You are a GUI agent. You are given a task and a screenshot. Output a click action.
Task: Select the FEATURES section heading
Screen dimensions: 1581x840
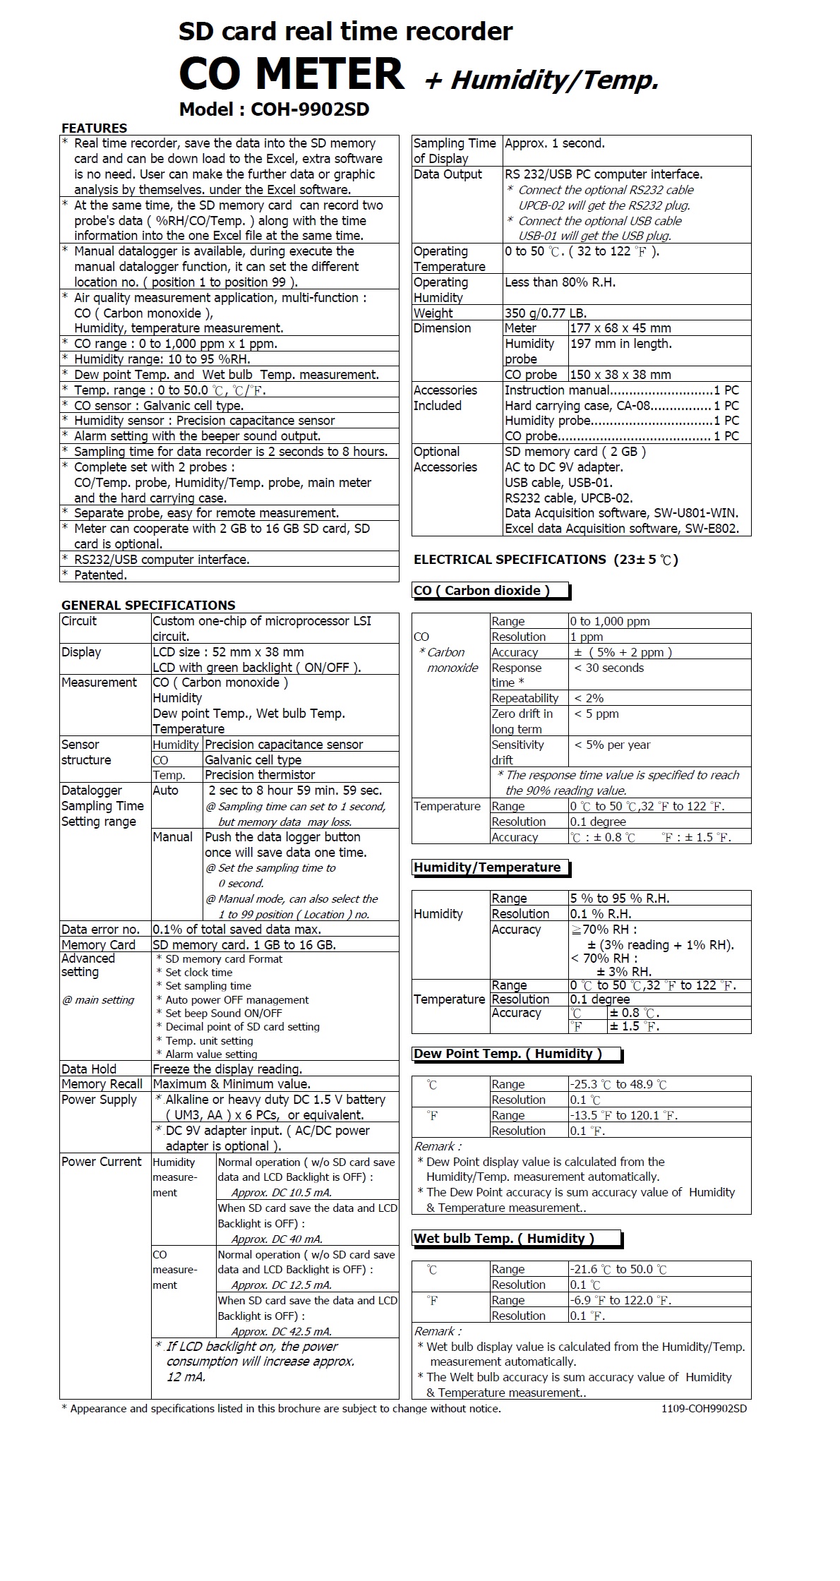coord(95,128)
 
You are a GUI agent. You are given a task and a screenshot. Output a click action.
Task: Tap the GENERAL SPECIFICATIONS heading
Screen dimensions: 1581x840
coord(148,605)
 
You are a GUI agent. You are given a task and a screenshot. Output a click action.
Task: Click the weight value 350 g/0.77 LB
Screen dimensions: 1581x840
coord(546,313)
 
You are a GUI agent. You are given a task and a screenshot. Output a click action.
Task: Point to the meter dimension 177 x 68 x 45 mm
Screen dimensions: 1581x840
coord(620,328)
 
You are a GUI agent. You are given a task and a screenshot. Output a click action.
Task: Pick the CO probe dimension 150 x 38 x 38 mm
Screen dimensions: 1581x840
coord(620,375)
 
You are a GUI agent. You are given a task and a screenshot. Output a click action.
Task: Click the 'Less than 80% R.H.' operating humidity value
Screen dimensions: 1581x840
coord(560,282)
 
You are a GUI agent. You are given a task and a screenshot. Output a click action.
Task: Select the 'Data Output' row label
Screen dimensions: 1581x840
coord(448,174)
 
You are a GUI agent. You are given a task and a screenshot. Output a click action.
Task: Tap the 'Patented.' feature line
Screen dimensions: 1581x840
coord(101,575)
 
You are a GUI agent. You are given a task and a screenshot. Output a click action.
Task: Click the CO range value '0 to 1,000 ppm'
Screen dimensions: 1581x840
coord(611,622)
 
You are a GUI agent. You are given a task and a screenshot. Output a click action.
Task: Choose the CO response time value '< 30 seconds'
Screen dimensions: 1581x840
coord(609,668)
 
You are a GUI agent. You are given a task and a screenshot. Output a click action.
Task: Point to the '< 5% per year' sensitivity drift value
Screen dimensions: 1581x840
coord(612,745)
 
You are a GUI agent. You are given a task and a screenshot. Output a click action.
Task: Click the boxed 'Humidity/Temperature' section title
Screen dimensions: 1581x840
coord(487,867)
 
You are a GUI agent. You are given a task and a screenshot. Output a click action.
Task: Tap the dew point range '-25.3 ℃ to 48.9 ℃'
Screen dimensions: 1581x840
coord(618,1085)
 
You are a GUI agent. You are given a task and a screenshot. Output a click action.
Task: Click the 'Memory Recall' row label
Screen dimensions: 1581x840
coord(102,1084)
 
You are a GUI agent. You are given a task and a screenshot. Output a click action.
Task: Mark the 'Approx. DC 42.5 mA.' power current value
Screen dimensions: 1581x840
coord(282,1332)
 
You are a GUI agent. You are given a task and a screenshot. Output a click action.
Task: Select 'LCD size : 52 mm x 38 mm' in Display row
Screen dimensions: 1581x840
coord(229,652)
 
